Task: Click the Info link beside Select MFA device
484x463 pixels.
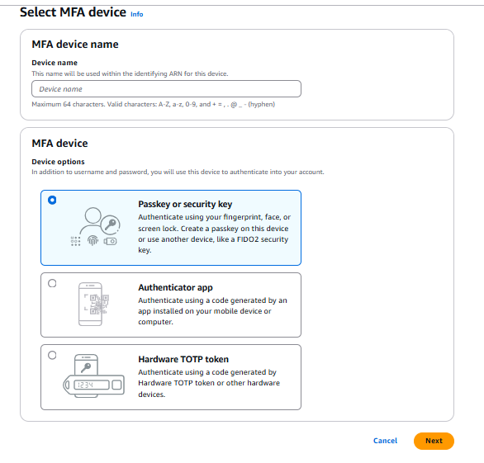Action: coord(137,14)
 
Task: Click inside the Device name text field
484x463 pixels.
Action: coord(166,89)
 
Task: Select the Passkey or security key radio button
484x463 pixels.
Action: coord(52,201)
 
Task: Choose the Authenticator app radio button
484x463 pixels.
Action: coord(52,283)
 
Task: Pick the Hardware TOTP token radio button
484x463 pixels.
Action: coord(52,355)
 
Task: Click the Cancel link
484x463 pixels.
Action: coord(385,441)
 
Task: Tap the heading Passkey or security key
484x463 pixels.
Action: coord(185,204)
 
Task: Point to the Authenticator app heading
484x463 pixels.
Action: coord(175,287)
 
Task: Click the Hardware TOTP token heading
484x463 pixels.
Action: coord(183,359)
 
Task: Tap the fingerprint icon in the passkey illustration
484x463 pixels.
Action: coord(93,240)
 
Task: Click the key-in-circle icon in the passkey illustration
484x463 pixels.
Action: coord(110,224)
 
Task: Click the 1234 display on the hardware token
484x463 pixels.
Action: coord(92,385)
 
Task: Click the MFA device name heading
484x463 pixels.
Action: coord(75,45)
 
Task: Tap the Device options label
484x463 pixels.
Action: coord(58,162)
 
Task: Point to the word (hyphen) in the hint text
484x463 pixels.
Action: coord(262,104)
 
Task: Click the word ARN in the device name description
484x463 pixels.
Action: coord(175,73)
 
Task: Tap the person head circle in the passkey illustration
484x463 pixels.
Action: coord(93,215)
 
